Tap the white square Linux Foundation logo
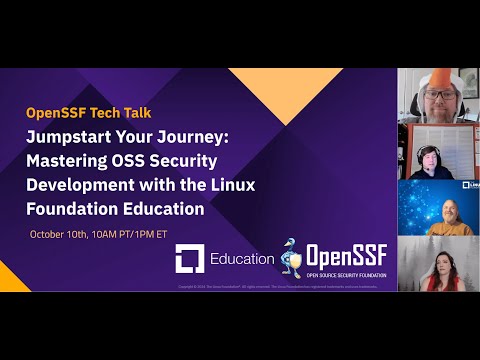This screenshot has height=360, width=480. [190, 259]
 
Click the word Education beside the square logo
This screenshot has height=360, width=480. [242, 259]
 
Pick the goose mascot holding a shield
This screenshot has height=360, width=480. [292, 257]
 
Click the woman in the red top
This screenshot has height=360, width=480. [443, 268]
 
